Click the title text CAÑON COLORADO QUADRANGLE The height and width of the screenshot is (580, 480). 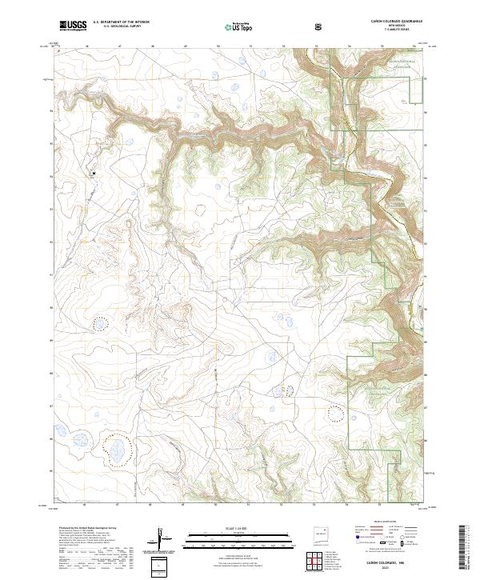(394, 19)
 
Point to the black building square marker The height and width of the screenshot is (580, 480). (94, 173)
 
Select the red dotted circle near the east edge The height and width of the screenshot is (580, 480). (336, 414)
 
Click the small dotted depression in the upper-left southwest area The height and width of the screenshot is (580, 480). (100, 324)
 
